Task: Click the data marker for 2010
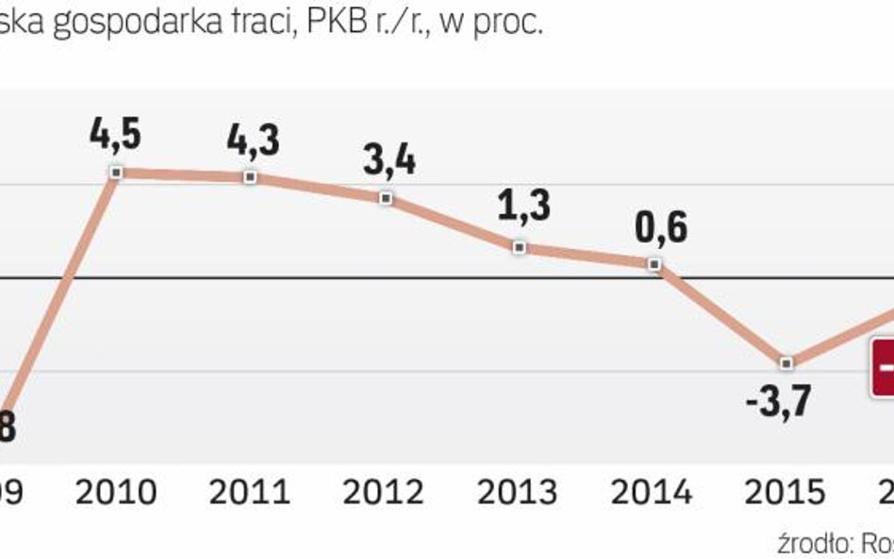(116, 173)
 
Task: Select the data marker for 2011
(250, 176)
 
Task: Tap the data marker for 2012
(385, 198)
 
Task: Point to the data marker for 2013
(519, 247)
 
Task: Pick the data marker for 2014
(654, 264)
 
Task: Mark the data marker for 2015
(787, 363)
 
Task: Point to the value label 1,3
(520, 206)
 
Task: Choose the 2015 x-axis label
(785, 491)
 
